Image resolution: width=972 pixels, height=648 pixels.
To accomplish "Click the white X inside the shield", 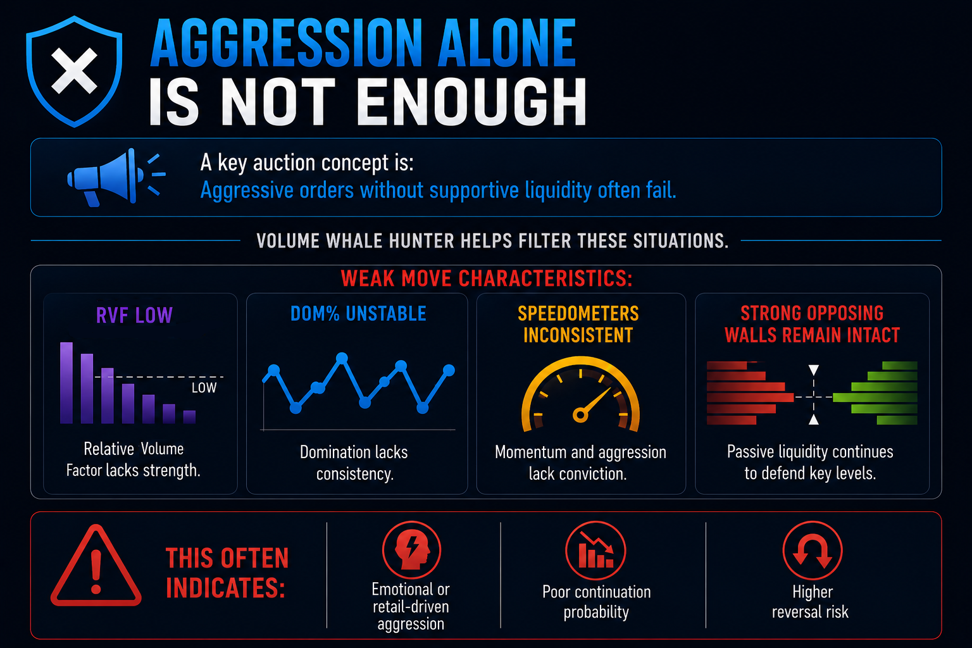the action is click(x=74, y=71).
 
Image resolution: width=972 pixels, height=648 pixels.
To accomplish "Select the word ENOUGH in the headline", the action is click(x=471, y=103).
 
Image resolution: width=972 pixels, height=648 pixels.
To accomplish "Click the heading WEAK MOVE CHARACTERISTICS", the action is click(x=487, y=278).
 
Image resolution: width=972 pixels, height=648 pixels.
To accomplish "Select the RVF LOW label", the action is click(x=135, y=315).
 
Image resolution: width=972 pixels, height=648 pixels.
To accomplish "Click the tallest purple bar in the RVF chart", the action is click(x=66, y=382).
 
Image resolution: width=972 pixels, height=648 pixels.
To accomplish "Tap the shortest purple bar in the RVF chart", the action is click(x=189, y=416).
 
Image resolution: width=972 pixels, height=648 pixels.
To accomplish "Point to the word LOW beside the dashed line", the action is click(x=204, y=387).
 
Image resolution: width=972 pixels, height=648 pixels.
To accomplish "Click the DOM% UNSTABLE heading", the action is click(x=358, y=313).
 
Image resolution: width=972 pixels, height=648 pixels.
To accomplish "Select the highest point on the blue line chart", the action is click(x=342, y=358).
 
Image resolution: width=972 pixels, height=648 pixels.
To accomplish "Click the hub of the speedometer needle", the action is click(x=580, y=415).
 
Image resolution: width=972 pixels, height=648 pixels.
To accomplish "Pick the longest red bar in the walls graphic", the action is click(x=751, y=397).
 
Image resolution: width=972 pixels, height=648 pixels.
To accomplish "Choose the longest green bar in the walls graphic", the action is click(x=875, y=397).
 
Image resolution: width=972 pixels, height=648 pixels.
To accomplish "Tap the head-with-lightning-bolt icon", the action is click(x=411, y=551).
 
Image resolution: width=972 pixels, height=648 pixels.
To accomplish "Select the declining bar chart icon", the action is click(x=595, y=551).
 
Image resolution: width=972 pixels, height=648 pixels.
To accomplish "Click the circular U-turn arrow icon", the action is click(x=813, y=551).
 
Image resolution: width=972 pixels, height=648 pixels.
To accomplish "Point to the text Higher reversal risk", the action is click(x=811, y=602).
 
